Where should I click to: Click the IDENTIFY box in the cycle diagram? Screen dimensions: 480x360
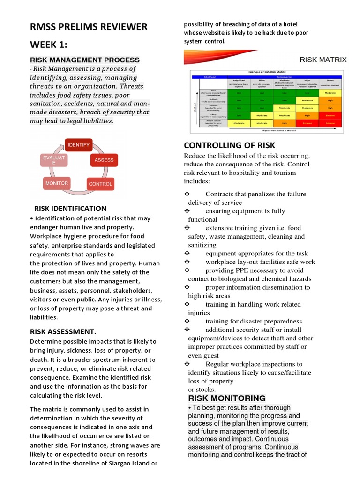[x=78, y=145]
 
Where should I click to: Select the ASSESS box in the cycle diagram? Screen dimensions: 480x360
[x=104, y=160]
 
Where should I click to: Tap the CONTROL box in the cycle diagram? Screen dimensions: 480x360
[x=100, y=184]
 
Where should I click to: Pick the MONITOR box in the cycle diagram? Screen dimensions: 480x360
[x=57, y=183]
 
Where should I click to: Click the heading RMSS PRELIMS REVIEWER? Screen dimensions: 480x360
[x=89, y=27]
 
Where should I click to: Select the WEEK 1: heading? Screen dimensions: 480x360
[x=49, y=45]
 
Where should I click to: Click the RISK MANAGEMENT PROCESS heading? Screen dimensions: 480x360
[x=85, y=60]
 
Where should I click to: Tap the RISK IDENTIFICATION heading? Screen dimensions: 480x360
[x=70, y=209]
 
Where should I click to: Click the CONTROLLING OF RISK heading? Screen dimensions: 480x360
[x=230, y=145]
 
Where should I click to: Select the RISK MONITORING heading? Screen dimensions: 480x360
[x=227, y=398]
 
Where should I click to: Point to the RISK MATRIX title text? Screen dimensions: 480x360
[x=323, y=60]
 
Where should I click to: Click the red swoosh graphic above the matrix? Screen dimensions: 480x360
[x=220, y=57]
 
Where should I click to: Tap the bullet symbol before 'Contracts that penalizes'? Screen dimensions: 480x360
[x=187, y=194]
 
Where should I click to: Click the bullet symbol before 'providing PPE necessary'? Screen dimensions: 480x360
[x=187, y=270]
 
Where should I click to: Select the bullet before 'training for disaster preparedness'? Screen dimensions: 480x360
[x=187, y=321]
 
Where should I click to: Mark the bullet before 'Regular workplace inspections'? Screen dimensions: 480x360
[x=187, y=364]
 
